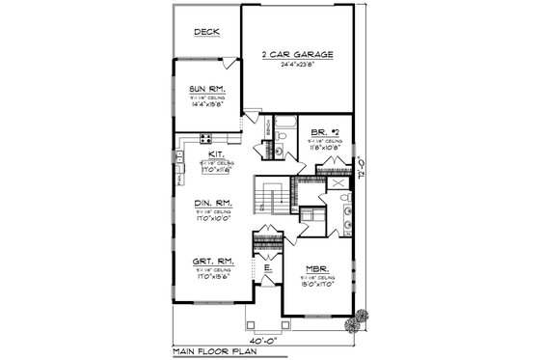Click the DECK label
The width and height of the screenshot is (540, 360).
205,32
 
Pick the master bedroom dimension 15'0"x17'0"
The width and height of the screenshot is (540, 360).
318,284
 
